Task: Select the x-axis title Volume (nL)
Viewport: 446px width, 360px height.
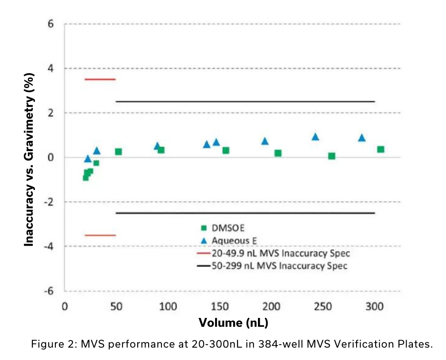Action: coord(233,322)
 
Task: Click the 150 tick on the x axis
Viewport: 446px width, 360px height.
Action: coord(219,307)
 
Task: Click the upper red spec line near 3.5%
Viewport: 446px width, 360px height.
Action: coord(100,79)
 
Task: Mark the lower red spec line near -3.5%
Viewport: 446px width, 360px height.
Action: coord(100,235)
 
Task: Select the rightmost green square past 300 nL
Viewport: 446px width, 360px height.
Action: coord(381,149)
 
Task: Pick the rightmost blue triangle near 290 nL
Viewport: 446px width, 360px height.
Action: coord(362,138)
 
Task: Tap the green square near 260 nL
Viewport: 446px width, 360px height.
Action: coord(332,156)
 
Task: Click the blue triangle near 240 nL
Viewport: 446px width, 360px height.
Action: coord(315,137)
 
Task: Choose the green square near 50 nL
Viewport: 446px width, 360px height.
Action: coord(119,151)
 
